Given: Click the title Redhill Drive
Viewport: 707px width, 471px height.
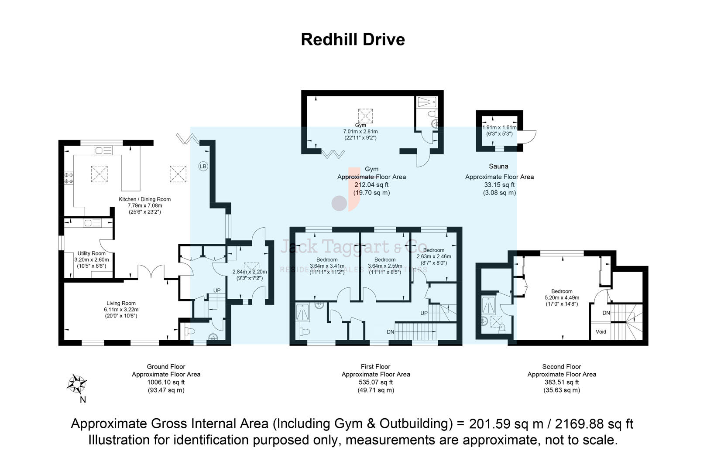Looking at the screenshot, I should pyautogui.click(x=353, y=40).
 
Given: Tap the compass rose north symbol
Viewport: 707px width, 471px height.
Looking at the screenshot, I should pyautogui.click(x=77, y=384).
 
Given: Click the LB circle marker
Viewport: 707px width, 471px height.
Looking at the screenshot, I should pyautogui.click(x=203, y=166).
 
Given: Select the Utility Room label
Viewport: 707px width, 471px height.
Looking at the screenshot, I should pyautogui.click(x=91, y=253).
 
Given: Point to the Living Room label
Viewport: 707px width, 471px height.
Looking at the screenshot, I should pyautogui.click(x=121, y=303).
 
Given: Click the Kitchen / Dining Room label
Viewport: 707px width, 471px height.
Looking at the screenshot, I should pyautogui.click(x=144, y=199).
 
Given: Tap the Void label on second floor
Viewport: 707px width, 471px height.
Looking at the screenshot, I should pyautogui.click(x=601, y=331).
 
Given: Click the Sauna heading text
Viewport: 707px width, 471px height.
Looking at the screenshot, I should pyautogui.click(x=498, y=166).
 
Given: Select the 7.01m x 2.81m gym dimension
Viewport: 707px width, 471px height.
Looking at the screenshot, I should pyautogui.click(x=360, y=131).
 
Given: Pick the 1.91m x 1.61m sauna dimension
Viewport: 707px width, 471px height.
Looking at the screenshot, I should pyautogui.click(x=499, y=128).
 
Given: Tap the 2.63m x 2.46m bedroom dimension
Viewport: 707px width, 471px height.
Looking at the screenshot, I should pyautogui.click(x=433, y=256).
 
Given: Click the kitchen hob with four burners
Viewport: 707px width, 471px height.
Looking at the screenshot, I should pyautogui.click(x=69, y=177).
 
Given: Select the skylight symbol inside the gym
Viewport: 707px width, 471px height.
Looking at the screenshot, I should pyautogui.click(x=366, y=116).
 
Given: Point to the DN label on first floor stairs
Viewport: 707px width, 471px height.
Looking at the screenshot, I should pyautogui.click(x=390, y=332).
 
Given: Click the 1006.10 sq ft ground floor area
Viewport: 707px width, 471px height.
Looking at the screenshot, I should pyautogui.click(x=166, y=382).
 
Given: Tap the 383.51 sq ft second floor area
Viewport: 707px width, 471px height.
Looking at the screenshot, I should pyautogui.click(x=561, y=382).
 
